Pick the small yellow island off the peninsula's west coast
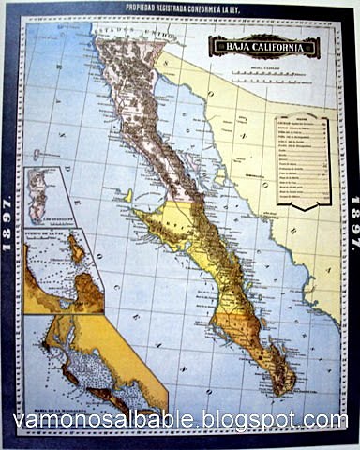pyautogui.click(x=128, y=196)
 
